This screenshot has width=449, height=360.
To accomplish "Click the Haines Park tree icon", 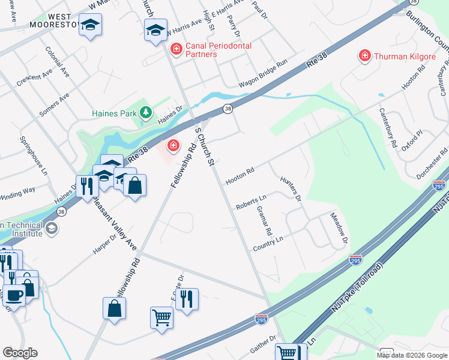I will click(x=145, y=112).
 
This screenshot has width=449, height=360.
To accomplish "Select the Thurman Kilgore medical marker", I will click(x=364, y=56).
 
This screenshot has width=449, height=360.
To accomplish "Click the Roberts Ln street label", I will click(x=251, y=201).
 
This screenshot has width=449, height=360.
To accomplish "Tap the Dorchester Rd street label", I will click(x=432, y=163).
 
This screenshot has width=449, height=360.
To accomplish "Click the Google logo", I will click(x=20, y=353).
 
